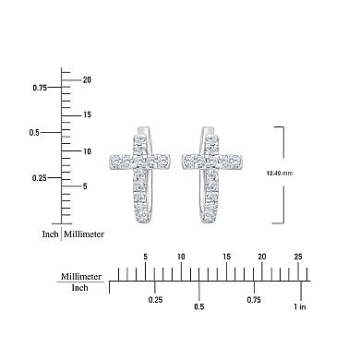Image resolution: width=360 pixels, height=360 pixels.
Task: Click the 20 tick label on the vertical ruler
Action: coord(86,79)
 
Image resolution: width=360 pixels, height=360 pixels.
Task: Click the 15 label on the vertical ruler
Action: coord(86,114)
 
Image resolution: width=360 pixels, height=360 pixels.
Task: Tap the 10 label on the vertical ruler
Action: coord(86,150)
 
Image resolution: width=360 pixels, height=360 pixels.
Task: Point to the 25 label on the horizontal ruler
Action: coord(296,256)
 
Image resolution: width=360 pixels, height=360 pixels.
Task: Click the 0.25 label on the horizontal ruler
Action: coord(156,300)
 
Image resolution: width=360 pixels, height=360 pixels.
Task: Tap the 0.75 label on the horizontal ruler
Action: coord(254,300)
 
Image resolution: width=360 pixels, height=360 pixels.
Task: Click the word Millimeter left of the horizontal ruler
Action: coord(81,275)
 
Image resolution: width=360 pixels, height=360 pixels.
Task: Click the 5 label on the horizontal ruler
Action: coord(144,256)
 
